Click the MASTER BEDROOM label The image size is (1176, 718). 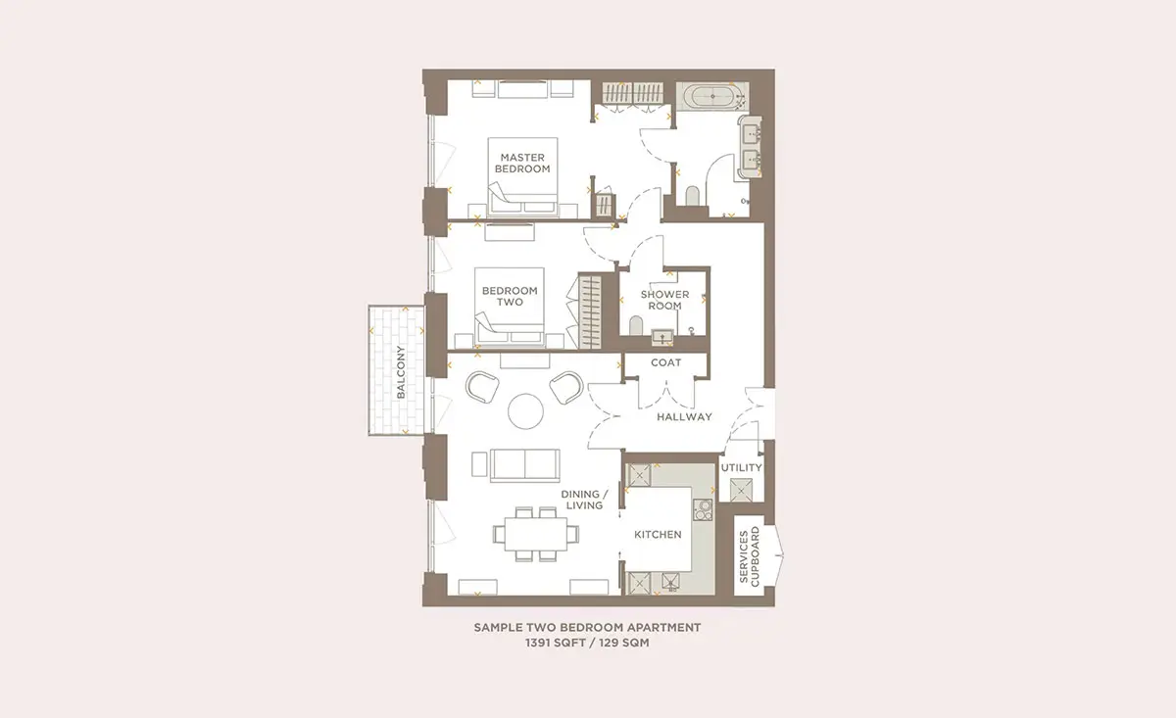(522, 164)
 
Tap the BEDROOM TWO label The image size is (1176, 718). (510, 296)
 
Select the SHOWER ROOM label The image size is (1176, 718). (664, 300)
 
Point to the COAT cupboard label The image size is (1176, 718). (665, 362)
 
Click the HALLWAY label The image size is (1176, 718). (685, 416)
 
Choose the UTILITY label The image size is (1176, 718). (741, 467)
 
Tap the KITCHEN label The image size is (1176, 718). (658, 534)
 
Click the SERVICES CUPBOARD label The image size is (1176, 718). (749, 556)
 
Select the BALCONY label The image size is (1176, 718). (401, 371)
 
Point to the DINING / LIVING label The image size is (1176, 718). (584, 500)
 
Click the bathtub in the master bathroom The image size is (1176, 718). (714, 97)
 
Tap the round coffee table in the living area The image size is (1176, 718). (525, 411)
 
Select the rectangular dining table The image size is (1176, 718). (536, 534)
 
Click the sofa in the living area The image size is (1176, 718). (525, 465)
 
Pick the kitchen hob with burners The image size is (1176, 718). (703, 509)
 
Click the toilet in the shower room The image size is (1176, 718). (636, 325)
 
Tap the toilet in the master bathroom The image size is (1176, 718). (692, 196)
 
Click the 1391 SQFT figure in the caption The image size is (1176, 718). (554, 643)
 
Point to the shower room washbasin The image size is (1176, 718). (662, 337)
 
